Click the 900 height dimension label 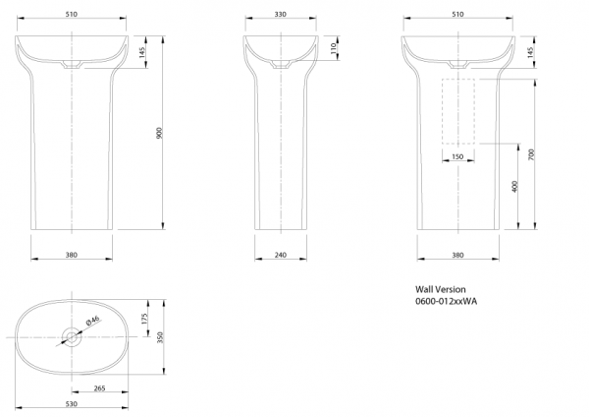tap(159, 133)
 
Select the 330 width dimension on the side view tap(280, 15)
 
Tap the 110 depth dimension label tap(333, 48)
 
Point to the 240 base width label tap(280, 255)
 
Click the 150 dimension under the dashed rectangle tap(457, 156)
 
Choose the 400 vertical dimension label tap(514, 186)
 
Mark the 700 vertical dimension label tap(531, 154)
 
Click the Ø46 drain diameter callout tap(93, 321)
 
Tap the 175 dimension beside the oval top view tap(145, 320)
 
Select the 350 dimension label tap(160, 337)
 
